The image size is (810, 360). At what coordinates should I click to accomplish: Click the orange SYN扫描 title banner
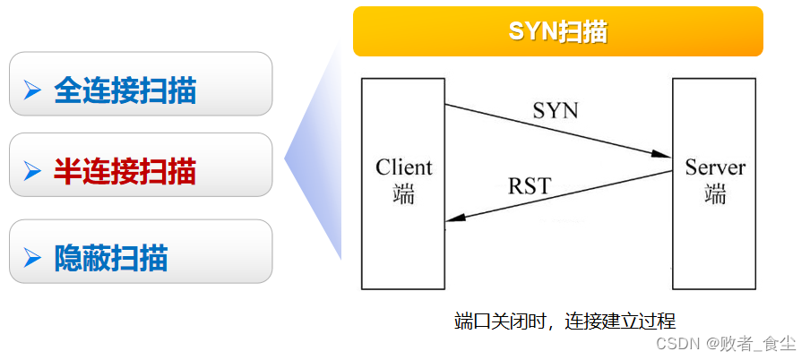coord(557,31)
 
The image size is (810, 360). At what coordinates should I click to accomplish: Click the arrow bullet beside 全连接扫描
coord(33,90)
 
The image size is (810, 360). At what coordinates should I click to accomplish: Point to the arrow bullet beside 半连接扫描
coord(33,170)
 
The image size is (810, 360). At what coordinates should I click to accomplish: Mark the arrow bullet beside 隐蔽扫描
coord(33,259)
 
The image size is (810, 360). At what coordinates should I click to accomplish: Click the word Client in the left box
coord(403,167)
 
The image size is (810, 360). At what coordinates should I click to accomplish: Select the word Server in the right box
coord(715,167)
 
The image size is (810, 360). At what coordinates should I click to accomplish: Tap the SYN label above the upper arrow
coord(556,111)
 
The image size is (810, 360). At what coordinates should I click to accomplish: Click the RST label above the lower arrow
coord(530,186)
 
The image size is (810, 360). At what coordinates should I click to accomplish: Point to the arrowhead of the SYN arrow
coord(664,153)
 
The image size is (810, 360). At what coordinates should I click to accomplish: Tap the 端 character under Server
coord(715,193)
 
